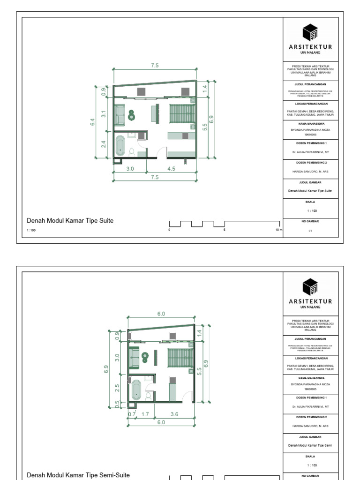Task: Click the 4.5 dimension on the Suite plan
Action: (x=171, y=169)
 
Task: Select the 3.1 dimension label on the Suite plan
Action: (x=104, y=113)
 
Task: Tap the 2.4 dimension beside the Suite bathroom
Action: (x=104, y=144)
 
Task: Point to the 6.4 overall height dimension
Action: (x=93, y=122)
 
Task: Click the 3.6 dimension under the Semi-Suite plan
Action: (x=174, y=414)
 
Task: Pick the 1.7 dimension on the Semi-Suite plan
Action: (x=145, y=414)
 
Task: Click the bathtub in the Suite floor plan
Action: (x=121, y=146)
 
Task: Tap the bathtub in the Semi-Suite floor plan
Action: (x=136, y=390)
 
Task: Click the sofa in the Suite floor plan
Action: (x=119, y=115)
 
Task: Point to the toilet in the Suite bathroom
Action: (x=132, y=151)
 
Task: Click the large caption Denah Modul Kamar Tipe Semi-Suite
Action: (x=78, y=475)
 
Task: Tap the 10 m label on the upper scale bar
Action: (x=279, y=230)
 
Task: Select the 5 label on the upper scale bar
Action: (x=225, y=230)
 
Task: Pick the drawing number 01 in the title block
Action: (x=310, y=231)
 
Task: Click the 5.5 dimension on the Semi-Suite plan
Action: (x=199, y=370)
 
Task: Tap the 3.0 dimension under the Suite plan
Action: (x=130, y=169)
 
